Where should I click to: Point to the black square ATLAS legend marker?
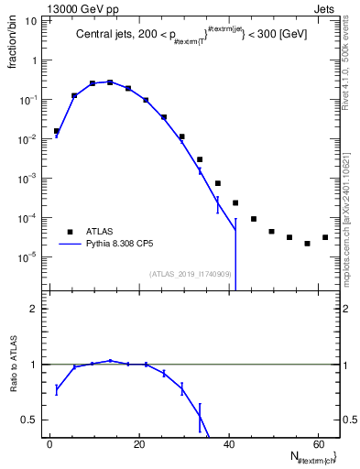pos(69,232)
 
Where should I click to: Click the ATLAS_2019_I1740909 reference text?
pos(191,274)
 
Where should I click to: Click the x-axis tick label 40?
pos(229,443)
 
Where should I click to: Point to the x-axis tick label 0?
pos(49,443)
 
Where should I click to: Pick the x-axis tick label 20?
pos(139,443)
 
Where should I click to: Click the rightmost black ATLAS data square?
pos(325,237)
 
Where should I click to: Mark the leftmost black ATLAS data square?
pos(56,131)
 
